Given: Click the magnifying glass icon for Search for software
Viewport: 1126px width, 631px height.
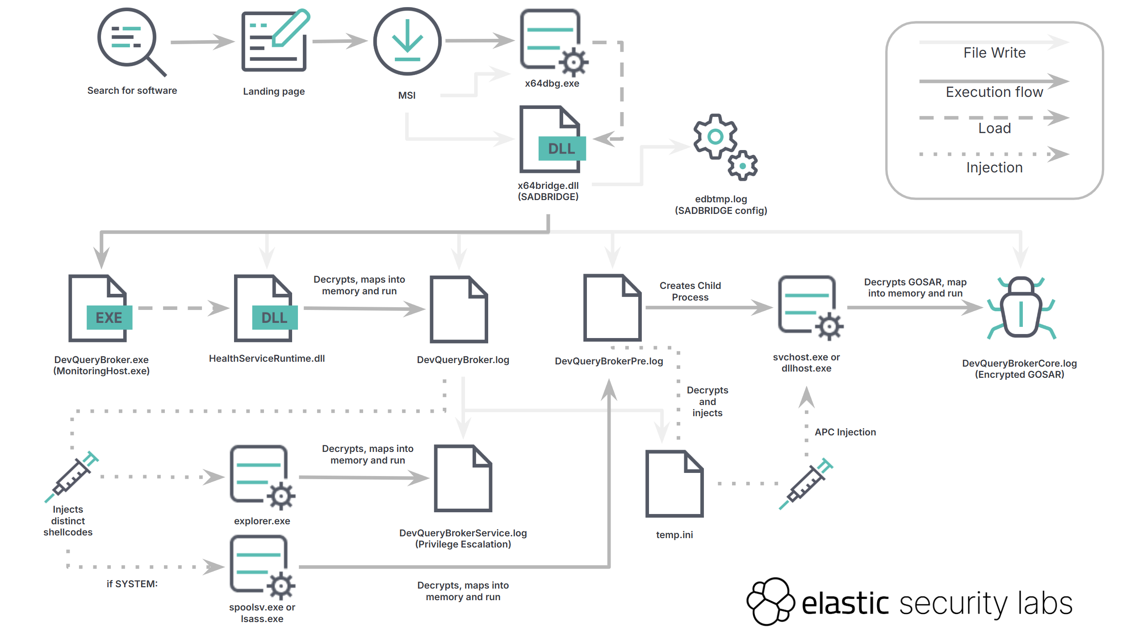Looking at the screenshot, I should (130, 40).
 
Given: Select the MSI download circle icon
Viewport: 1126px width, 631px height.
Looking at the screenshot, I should (407, 41).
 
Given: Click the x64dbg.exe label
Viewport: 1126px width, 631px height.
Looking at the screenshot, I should (552, 84).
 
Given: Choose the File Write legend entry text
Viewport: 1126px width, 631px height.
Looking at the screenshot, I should (994, 53).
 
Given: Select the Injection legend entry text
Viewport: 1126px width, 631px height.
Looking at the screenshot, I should (994, 167).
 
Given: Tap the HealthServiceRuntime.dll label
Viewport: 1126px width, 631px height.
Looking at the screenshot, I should (267, 359).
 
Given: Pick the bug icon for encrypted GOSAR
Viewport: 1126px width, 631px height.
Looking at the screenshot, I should (1021, 308).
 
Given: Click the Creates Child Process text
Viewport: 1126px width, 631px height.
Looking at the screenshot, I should (690, 292).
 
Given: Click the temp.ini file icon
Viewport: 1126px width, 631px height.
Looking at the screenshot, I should (674, 483).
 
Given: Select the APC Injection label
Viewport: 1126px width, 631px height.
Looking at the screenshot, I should (845, 432).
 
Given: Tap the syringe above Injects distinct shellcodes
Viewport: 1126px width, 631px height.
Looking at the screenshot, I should (71, 476).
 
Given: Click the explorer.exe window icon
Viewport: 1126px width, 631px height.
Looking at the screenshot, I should (262, 477).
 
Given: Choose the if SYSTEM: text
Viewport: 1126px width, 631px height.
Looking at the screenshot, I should (132, 584).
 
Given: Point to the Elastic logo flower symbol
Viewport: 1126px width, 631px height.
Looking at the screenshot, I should (770, 601).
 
